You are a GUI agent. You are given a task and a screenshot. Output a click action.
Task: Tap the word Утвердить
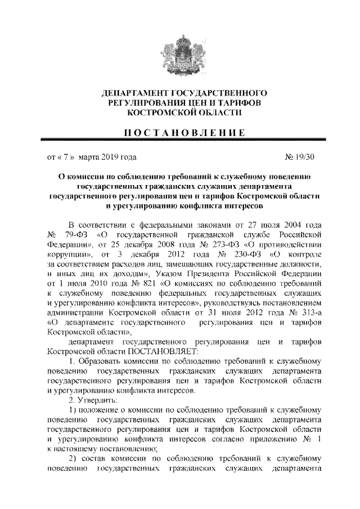(x=97, y=399)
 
